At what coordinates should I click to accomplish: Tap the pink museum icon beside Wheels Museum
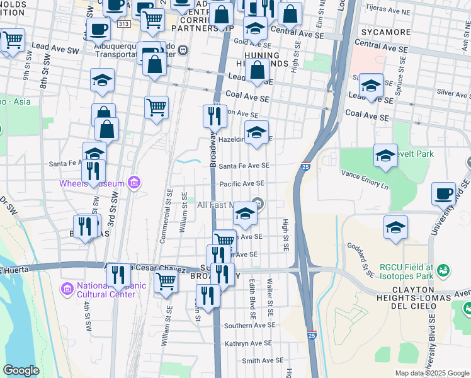tap(133, 183)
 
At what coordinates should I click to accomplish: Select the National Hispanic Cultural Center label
tap(111, 289)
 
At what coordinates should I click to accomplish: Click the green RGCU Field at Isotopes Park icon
tap(445, 270)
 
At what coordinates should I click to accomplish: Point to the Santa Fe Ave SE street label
tap(244, 166)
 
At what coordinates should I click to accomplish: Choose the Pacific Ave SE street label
tap(241, 183)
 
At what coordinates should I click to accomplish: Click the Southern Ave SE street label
tap(250, 326)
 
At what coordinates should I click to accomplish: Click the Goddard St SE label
tap(363, 260)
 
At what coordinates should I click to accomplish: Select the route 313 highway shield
tap(123, 24)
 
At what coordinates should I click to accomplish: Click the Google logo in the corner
tap(21, 370)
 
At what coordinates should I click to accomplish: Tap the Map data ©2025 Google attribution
tap(431, 373)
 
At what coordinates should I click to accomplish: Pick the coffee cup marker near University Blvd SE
tap(443, 193)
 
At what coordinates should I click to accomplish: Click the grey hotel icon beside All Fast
tap(257, 203)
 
